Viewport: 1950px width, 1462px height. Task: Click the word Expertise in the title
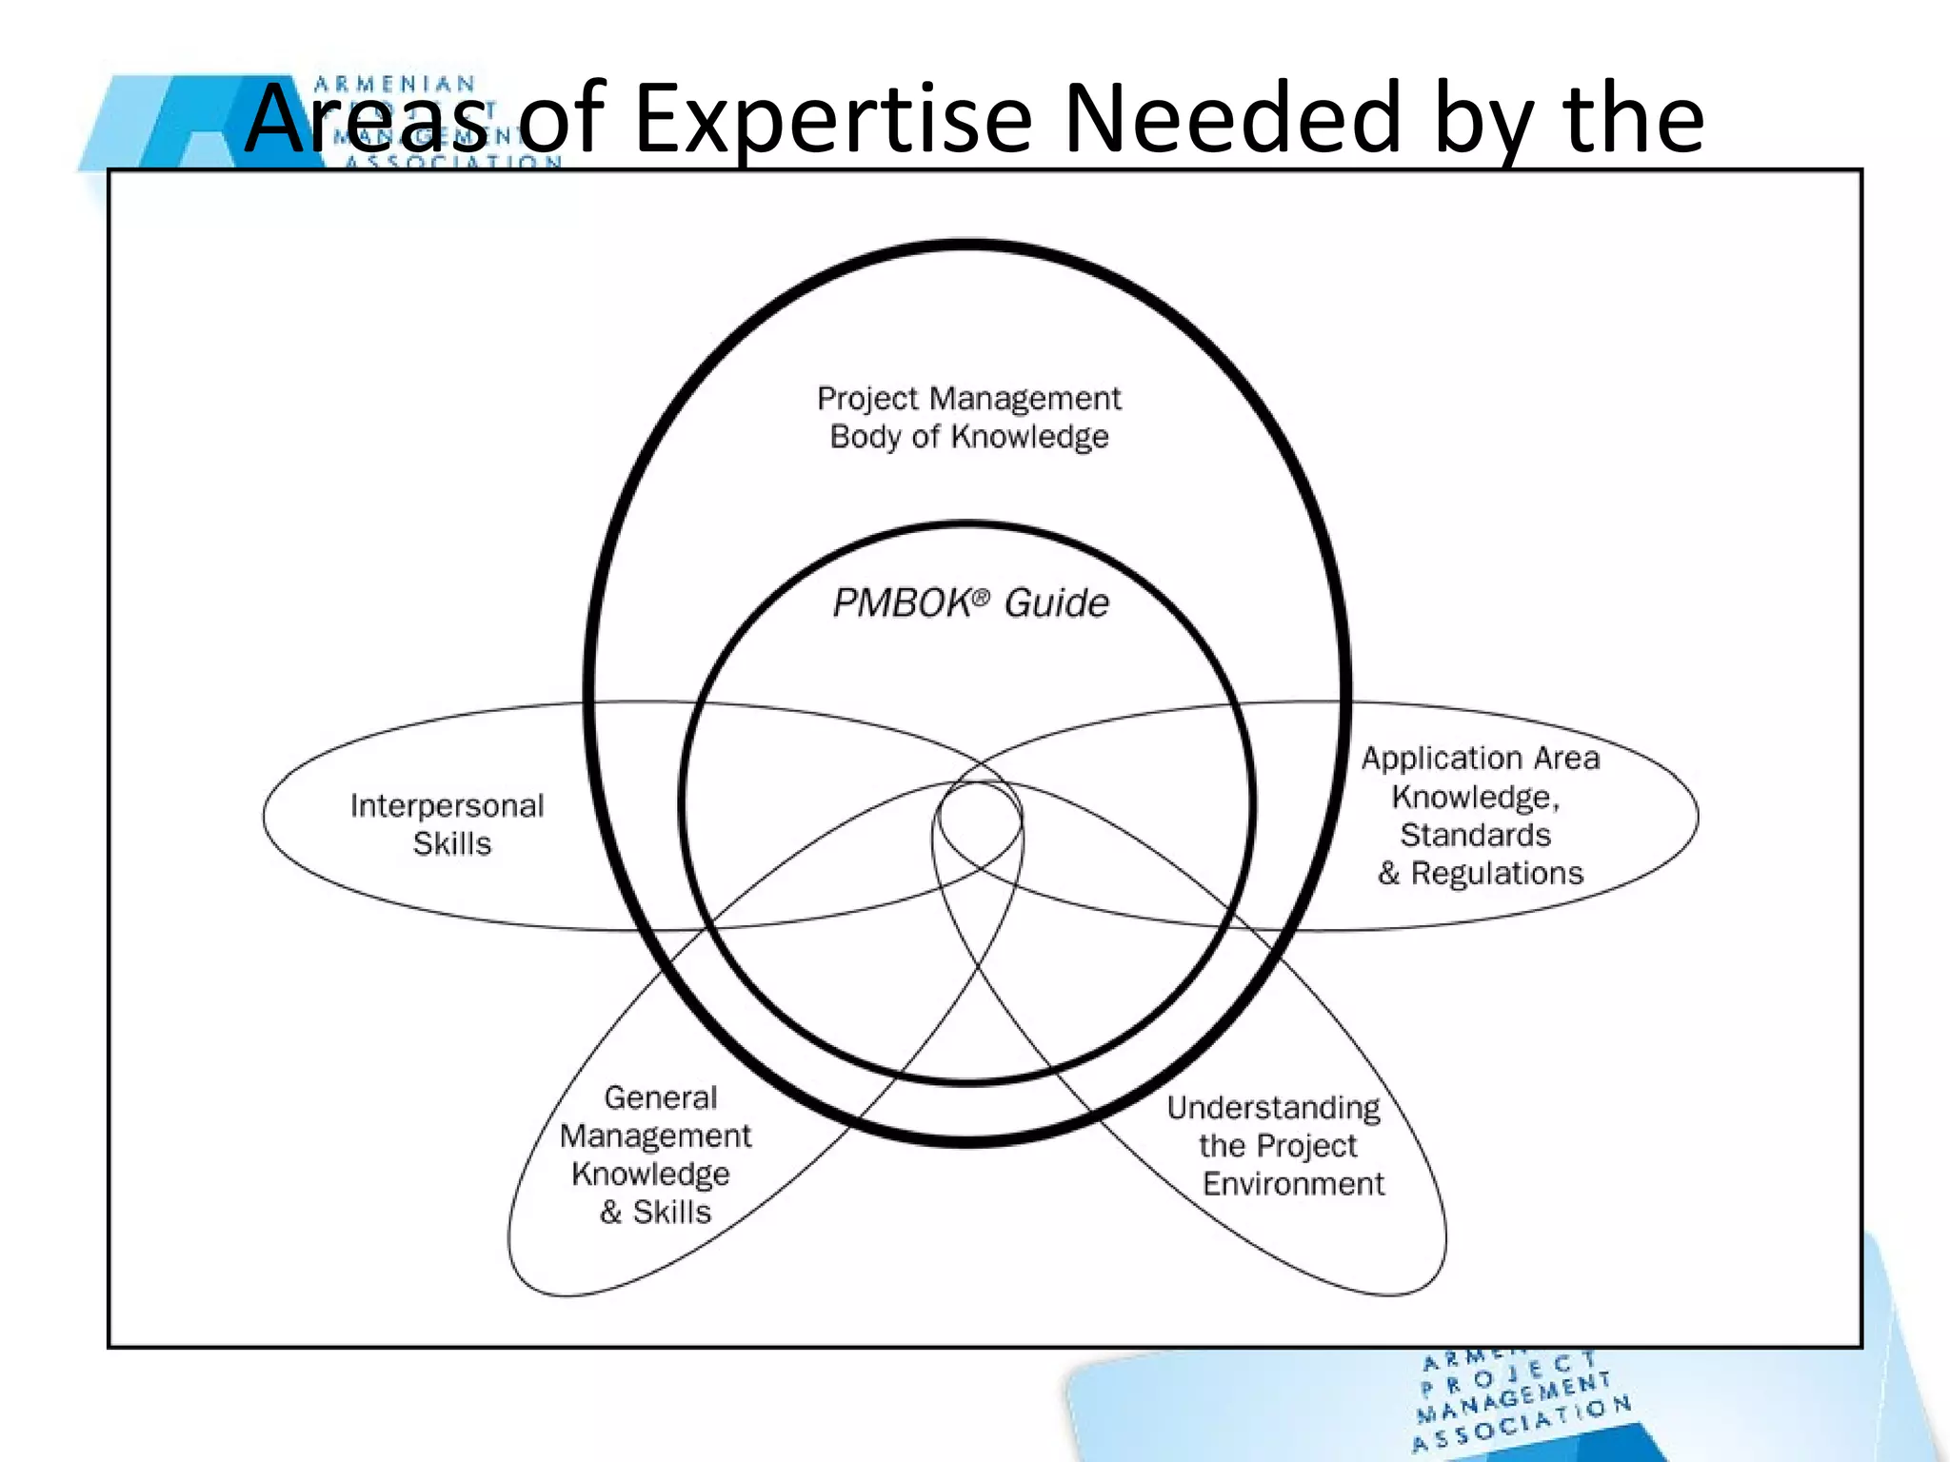click(x=832, y=120)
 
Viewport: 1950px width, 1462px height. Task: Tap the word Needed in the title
click(x=1230, y=118)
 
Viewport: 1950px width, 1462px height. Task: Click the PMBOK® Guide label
click(x=970, y=603)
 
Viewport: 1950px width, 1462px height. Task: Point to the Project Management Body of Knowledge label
click(x=969, y=417)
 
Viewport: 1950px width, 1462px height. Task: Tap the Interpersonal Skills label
click(x=448, y=824)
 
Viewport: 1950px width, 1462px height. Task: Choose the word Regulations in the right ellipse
click(x=1497, y=873)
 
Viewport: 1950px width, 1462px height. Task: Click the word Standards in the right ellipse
click(x=1475, y=835)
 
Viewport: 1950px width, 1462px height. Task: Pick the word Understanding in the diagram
click(x=1273, y=1108)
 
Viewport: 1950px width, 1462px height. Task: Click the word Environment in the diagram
click(x=1293, y=1184)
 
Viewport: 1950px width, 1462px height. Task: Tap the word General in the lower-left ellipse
click(x=660, y=1097)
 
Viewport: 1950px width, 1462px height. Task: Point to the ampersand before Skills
click(x=610, y=1213)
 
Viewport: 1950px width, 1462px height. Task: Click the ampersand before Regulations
click(x=1388, y=874)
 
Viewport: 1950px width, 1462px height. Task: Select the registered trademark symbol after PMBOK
click(x=982, y=596)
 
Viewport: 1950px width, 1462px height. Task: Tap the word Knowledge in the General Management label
click(x=650, y=1175)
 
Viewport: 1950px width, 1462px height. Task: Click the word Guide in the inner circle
click(x=1057, y=603)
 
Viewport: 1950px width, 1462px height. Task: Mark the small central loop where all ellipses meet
click(x=979, y=819)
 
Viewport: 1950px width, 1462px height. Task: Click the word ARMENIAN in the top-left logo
click(x=394, y=85)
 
